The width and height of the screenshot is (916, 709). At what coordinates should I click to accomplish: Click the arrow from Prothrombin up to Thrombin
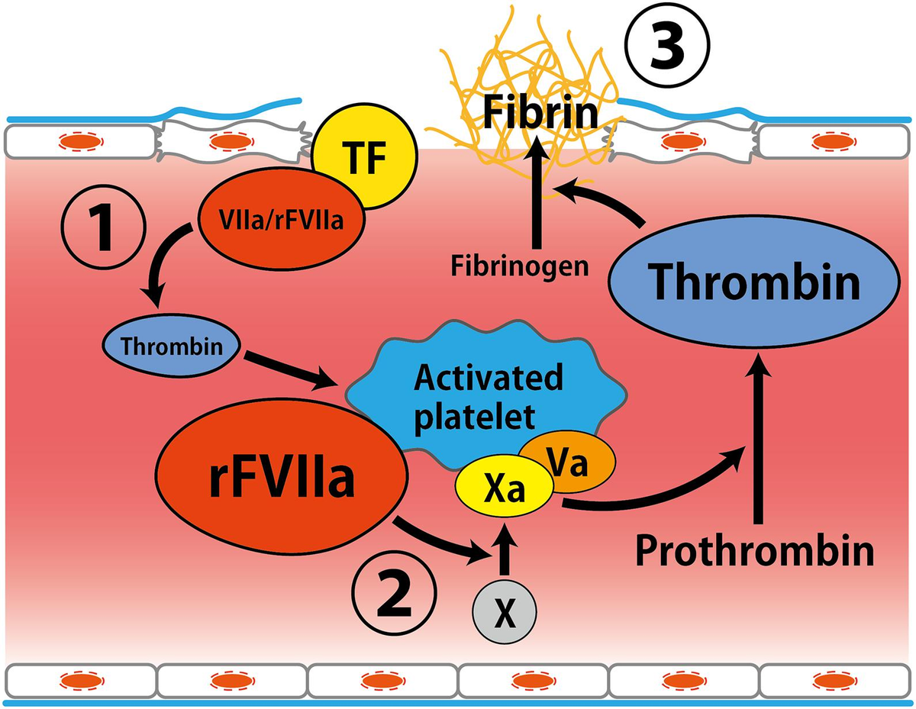point(757,443)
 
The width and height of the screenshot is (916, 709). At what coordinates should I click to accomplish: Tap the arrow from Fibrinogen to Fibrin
point(537,198)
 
